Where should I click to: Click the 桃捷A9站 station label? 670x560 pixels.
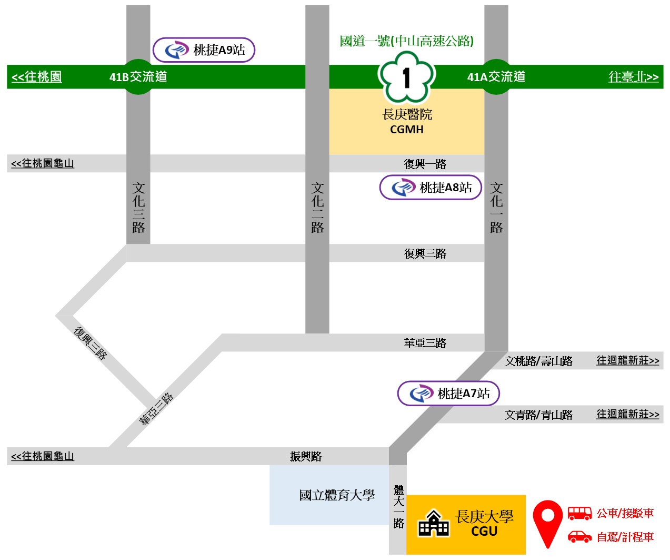pyautogui.click(x=204, y=50)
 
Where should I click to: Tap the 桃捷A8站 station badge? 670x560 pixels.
pyautogui.click(x=431, y=188)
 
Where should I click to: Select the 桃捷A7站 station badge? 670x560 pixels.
pyautogui.click(x=448, y=394)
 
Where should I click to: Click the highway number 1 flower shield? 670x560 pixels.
pyautogui.click(x=406, y=77)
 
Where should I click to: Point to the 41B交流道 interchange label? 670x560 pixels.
pyautogui.click(x=138, y=77)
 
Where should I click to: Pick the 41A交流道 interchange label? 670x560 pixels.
pyautogui.click(x=496, y=77)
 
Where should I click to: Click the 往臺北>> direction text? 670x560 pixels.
pyautogui.click(x=633, y=77)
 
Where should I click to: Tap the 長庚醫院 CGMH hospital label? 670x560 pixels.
pyautogui.click(x=407, y=121)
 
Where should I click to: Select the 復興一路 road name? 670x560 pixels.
pyautogui.click(x=425, y=164)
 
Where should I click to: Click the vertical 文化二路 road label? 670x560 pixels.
pyautogui.click(x=317, y=208)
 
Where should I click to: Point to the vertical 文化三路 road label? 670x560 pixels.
pyautogui.click(x=138, y=208)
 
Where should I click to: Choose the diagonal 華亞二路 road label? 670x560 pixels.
pyautogui.click(x=156, y=409)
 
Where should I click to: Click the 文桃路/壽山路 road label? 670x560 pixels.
pyautogui.click(x=538, y=361)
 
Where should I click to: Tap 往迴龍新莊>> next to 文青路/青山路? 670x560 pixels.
pyautogui.click(x=627, y=414)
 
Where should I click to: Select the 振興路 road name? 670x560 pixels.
pyautogui.click(x=305, y=456)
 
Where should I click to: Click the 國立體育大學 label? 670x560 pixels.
pyautogui.click(x=337, y=495)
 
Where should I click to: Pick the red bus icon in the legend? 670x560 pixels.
pyautogui.click(x=579, y=513)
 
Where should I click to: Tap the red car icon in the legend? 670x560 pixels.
pyautogui.click(x=579, y=537)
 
